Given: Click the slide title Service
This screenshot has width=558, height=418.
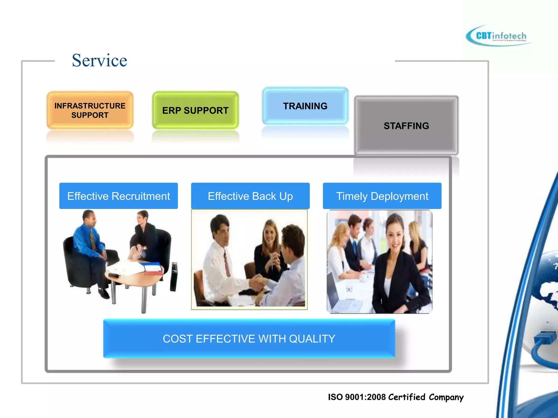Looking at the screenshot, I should point(99,60).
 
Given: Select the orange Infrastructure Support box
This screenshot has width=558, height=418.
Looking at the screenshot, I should point(90,110).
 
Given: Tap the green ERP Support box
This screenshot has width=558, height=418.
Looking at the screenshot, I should point(195,110).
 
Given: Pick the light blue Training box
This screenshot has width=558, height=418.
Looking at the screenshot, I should point(305,106).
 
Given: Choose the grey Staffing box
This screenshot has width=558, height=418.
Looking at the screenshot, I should point(406,125).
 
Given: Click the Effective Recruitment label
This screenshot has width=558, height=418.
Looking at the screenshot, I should point(119,196).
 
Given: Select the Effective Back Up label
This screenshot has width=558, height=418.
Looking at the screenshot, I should point(250,196).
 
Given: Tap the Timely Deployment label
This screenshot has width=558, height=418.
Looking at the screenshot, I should point(382,196).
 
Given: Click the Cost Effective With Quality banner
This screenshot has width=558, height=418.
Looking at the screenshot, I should point(249,339).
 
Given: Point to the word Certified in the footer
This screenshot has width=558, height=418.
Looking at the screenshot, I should point(407,397).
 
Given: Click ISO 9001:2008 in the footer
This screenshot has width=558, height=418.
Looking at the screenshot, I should point(357,397).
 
